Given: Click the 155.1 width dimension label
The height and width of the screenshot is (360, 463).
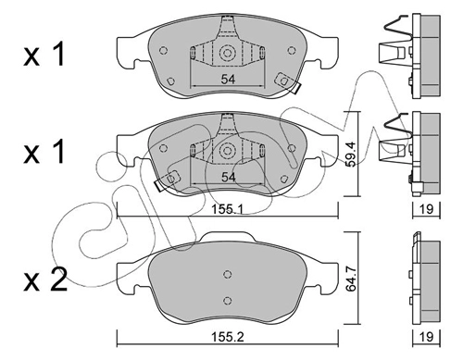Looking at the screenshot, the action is pyautogui.click(x=228, y=210).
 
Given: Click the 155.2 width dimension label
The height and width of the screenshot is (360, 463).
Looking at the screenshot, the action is pyautogui.click(x=228, y=337).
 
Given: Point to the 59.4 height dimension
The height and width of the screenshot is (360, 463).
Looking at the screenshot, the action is pyautogui.click(x=351, y=154).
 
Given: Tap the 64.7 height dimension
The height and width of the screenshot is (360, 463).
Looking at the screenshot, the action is pyautogui.click(x=351, y=279).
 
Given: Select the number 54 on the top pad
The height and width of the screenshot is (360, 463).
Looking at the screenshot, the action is pyautogui.click(x=228, y=80).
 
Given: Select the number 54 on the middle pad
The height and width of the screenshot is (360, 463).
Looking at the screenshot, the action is pyautogui.click(x=228, y=177).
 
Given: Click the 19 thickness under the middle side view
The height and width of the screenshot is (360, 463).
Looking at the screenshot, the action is pyautogui.click(x=427, y=209).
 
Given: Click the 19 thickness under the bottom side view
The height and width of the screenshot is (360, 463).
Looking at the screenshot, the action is pyautogui.click(x=427, y=337).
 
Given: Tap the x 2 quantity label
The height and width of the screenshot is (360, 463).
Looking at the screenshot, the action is pyautogui.click(x=45, y=279).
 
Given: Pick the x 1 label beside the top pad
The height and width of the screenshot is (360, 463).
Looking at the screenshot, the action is pyautogui.click(x=44, y=55).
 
